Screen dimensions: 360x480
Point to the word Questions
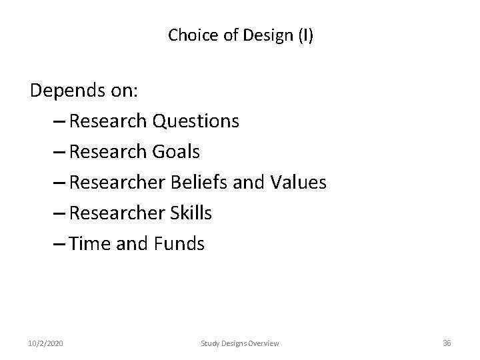(196, 121)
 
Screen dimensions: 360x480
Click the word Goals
(176, 152)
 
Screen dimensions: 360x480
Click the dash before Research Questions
(57, 122)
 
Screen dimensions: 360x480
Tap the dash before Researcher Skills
(57, 214)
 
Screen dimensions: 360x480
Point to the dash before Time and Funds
(57, 245)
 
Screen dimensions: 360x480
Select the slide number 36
(447, 343)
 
